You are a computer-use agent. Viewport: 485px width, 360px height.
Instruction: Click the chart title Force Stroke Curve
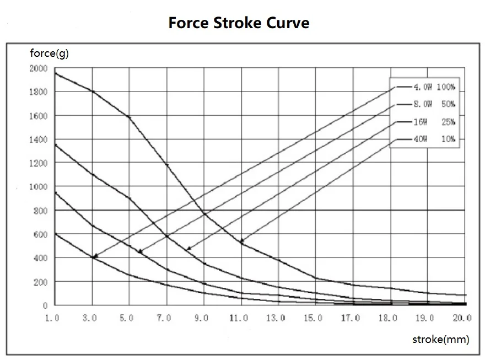239,23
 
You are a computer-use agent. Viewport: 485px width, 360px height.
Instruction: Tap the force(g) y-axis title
50,53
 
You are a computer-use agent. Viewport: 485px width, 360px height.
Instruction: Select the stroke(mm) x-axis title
440,339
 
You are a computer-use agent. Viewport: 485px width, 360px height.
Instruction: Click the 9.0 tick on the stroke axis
202,318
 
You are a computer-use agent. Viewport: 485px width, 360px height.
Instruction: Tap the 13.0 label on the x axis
276,318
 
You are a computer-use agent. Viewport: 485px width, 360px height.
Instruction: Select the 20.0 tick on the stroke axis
462,318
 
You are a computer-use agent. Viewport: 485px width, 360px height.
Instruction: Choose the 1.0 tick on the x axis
53,318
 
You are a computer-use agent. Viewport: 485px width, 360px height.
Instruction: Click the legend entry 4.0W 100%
435,87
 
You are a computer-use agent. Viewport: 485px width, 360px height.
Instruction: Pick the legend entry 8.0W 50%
435,104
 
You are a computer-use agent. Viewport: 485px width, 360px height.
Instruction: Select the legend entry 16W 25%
435,122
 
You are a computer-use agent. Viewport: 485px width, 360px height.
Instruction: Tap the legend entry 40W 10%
435,139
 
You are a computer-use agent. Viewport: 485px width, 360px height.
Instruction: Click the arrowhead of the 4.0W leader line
94,256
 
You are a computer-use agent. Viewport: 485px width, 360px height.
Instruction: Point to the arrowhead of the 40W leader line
241,242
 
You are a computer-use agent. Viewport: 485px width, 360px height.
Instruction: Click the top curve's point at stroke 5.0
129,117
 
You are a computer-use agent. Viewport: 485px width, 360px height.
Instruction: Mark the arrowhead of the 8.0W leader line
139,252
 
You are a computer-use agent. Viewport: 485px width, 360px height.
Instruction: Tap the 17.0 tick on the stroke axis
351,318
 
